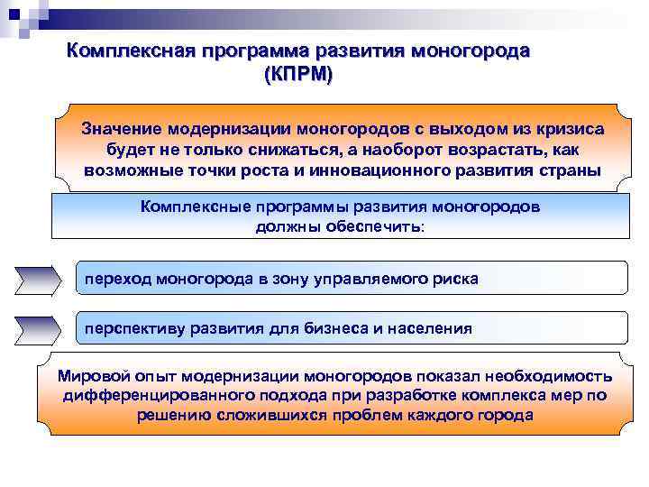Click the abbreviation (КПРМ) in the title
[298, 73]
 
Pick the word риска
[456, 280]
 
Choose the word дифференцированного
[157, 395]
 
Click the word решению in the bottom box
[174, 416]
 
